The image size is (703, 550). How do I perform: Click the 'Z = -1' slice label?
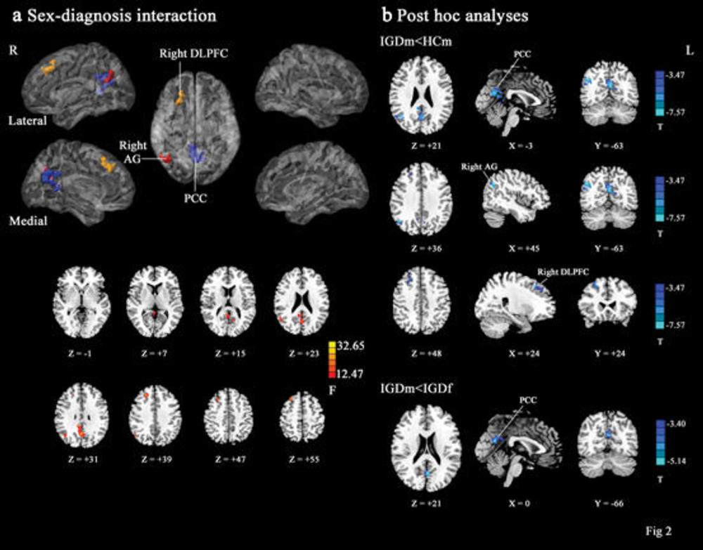(83, 346)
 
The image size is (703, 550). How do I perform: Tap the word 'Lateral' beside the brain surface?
(29, 120)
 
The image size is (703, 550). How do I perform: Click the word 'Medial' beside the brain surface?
(28, 221)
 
